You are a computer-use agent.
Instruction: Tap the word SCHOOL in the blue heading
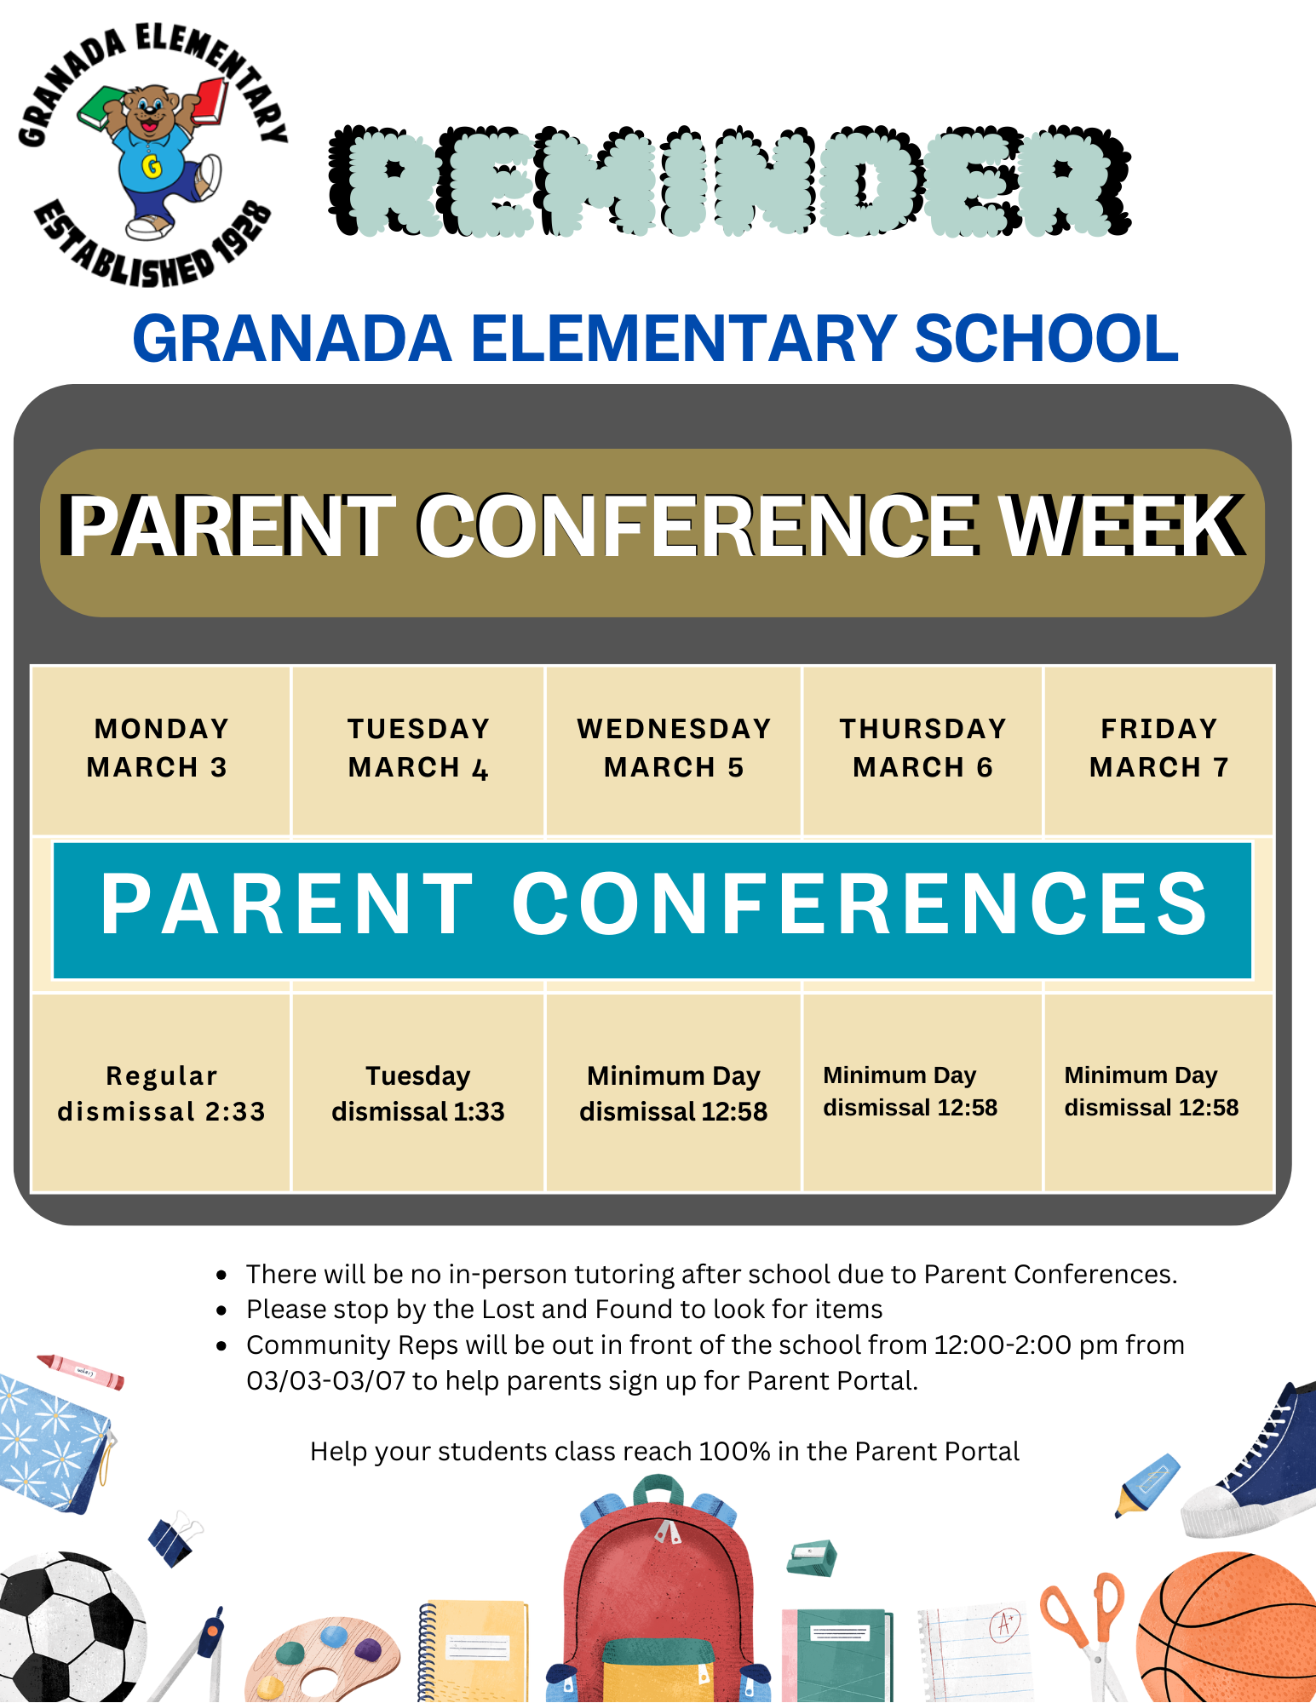pos(1046,339)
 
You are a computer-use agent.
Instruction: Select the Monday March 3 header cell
pos(160,748)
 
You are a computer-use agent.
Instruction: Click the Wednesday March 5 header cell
pos(674,748)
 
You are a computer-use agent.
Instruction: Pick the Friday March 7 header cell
pos(1158,748)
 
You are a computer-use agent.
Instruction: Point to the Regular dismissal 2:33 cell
pos(161,1093)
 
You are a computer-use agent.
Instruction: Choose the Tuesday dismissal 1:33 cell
pos(418,1093)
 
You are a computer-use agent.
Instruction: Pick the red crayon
pos(81,1371)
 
